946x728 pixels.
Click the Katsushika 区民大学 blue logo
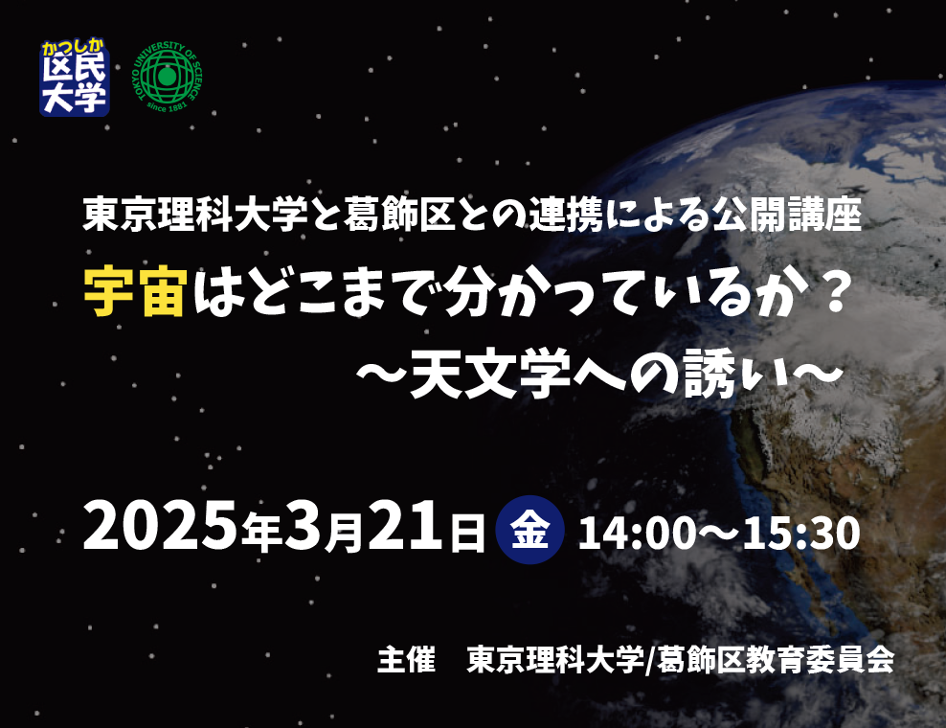(x=75, y=78)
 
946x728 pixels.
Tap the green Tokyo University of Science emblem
(x=168, y=77)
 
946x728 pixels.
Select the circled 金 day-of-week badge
(x=529, y=530)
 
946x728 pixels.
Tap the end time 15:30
(x=801, y=533)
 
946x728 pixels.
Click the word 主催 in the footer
(x=406, y=659)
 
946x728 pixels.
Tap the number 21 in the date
(x=405, y=526)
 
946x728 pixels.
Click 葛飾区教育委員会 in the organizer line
(x=776, y=659)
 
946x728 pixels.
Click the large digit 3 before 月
(x=303, y=526)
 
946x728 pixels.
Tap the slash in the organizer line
(x=650, y=660)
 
